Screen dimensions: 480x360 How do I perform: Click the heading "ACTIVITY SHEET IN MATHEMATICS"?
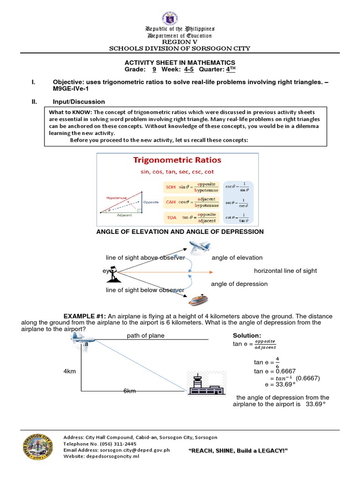(180, 62)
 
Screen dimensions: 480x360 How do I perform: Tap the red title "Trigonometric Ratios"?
(177, 160)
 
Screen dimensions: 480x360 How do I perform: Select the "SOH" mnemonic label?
(170, 187)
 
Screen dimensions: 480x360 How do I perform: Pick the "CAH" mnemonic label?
(170, 202)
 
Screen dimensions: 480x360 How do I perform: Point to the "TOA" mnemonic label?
(170, 217)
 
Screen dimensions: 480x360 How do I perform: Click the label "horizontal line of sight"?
(285, 270)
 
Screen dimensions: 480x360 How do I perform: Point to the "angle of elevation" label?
(237, 257)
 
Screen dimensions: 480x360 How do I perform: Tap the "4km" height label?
(69, 371)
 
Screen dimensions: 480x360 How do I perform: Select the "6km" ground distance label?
(129, 390)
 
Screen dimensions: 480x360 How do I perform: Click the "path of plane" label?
(145, 336)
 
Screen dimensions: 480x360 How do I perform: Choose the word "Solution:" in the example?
(247, 336)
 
